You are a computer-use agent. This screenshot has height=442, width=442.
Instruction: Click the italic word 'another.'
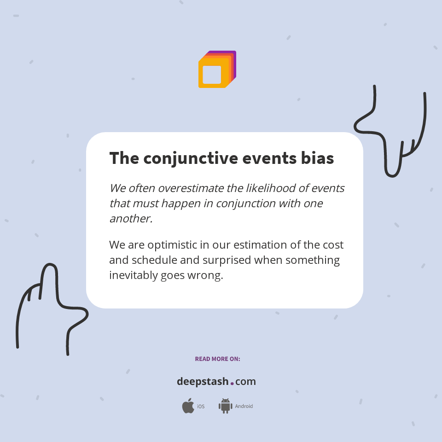pyautogui.click(x=131, y=219)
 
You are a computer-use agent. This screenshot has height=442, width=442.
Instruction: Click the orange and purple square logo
pyautogui.click(x=217, y=70)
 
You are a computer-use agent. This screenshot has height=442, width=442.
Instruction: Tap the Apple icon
pyautogui.click(x=188, y=406)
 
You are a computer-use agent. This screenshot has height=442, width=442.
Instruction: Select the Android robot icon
pyautogui.click(x=225, y=406)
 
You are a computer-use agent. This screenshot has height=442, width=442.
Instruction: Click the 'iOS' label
pyautogui.click(x=201, y=407)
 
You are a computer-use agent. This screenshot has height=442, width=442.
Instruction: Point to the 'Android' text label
pyautogui.click(x=244, y=407)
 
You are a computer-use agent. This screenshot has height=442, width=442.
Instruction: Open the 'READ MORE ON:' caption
pyautogui.click(x=217, y=359)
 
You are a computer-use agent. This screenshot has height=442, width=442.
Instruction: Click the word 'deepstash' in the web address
pyautogui.click(x=203, y=382)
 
